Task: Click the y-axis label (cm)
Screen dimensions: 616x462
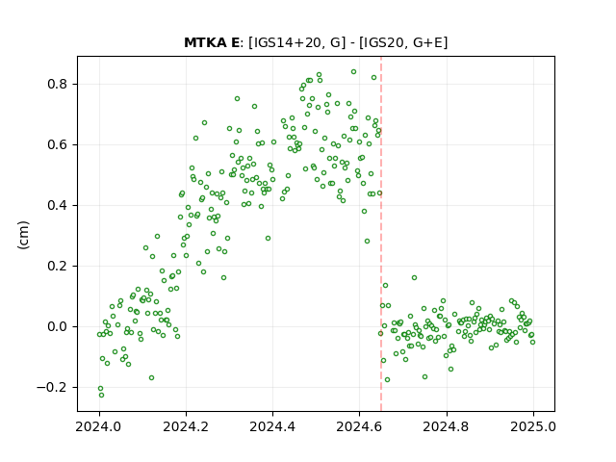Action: point(23,235)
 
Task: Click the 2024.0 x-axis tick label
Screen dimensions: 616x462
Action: point(99,426)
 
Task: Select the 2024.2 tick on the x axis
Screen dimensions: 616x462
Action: point(186,426)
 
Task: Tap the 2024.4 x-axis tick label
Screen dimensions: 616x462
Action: point(272,426)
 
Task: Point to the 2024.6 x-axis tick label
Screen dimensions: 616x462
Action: point(359,426)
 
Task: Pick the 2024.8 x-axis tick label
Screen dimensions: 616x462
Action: point(447,426)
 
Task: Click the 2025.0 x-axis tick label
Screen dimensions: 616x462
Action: point(533,426)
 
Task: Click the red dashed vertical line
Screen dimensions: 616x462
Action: point(381,234)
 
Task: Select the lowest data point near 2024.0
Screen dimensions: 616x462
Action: point(101,395)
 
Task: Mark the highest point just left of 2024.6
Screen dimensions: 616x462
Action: point(353,72)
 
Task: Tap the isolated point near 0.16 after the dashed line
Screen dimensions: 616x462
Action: point(414,278)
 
